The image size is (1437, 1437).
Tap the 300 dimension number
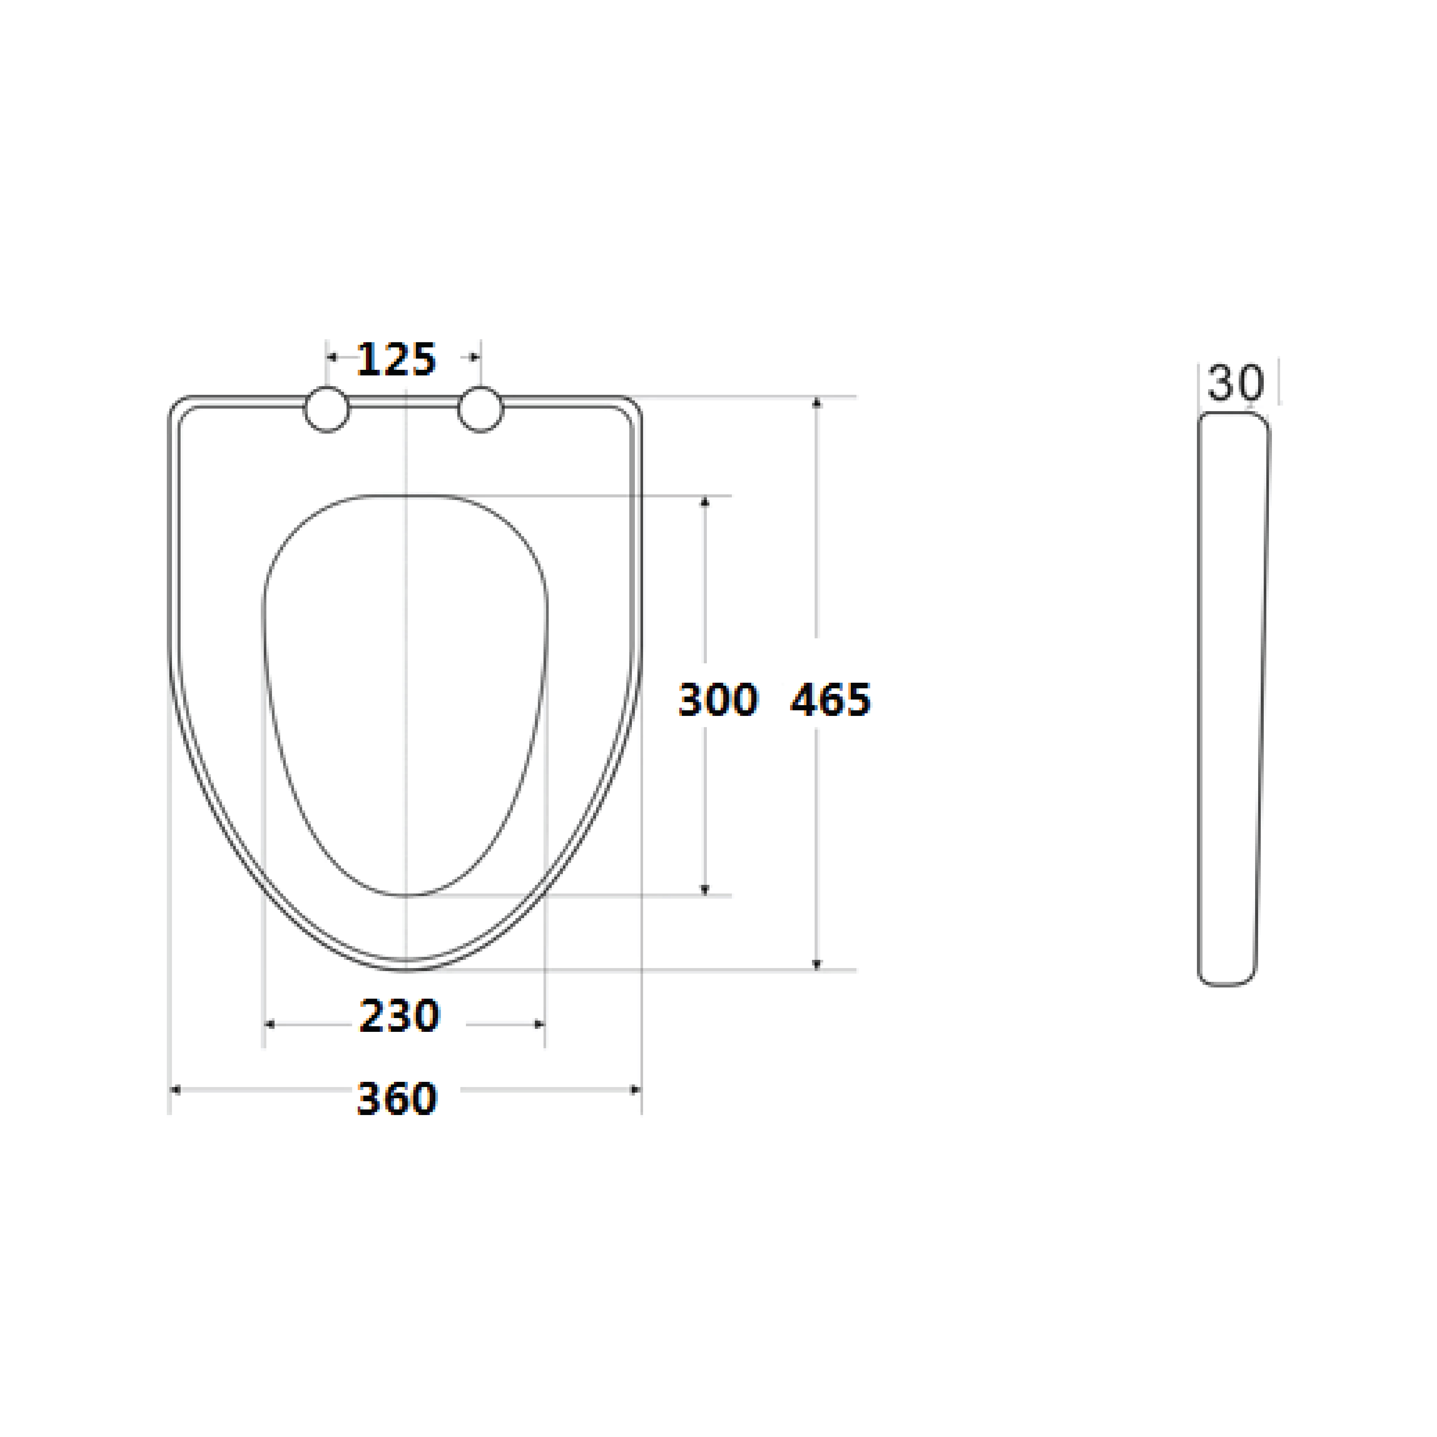(x=718, y=700)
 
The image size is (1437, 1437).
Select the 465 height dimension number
(x=830, y=700)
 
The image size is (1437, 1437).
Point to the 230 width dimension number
(x=400, y=1016)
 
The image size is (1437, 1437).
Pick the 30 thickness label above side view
(x=1235, y=383)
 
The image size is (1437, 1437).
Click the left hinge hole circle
(x=327, y=409)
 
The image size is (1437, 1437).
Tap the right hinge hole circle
(x=481, y=409)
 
